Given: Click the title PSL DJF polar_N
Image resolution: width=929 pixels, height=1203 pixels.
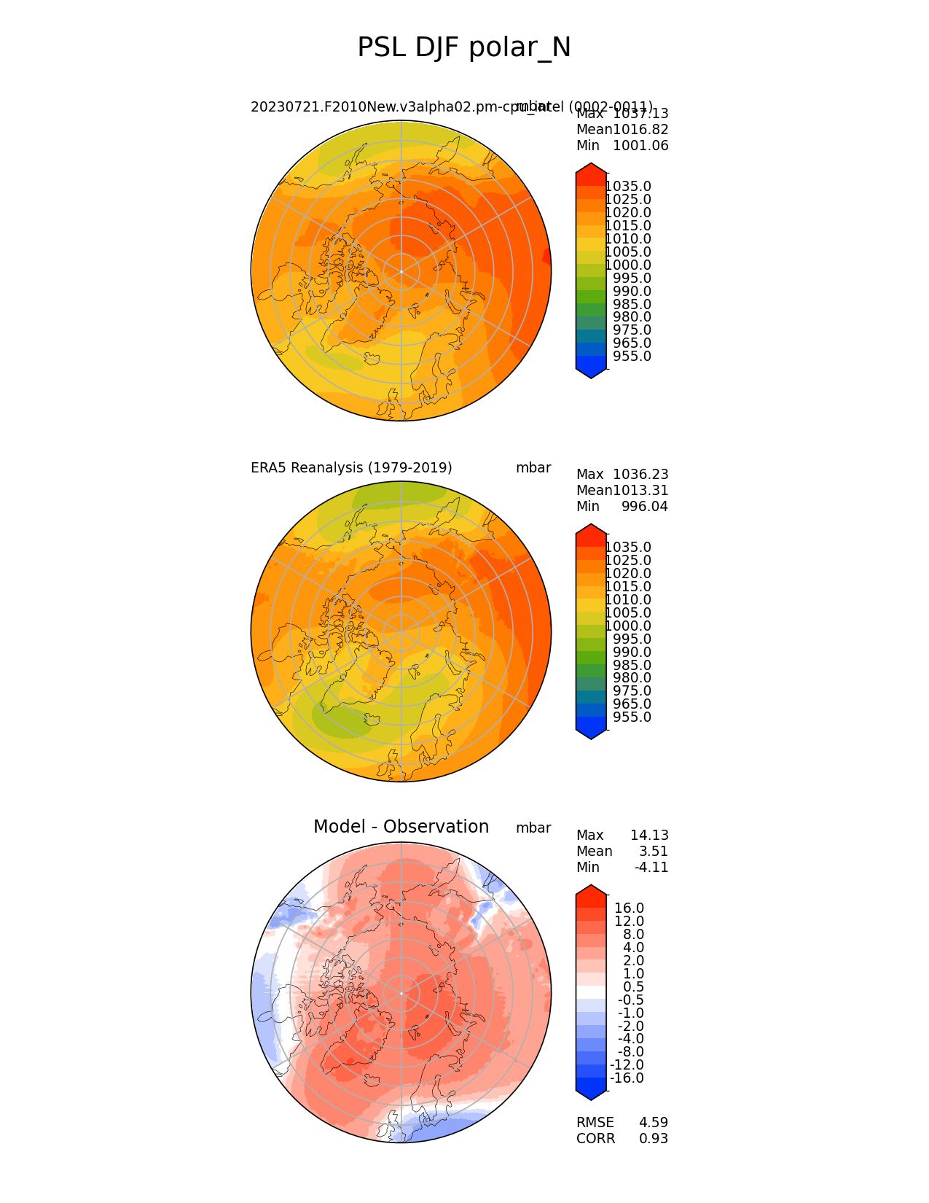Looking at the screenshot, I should pos(464,48).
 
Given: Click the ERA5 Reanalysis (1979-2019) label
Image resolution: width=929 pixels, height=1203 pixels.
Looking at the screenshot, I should pos(351,468).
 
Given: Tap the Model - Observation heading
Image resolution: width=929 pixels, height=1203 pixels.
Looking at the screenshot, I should pos(401,827).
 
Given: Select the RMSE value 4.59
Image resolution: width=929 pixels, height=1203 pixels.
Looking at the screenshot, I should pos(654,1123).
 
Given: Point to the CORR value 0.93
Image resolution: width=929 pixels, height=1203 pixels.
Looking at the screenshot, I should pos(654,1139).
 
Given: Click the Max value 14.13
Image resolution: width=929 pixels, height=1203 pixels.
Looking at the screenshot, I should pos(649,836).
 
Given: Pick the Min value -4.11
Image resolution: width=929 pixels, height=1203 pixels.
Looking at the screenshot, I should pos(651,868).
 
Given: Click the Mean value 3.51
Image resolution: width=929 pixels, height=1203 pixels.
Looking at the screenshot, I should pos(654,852).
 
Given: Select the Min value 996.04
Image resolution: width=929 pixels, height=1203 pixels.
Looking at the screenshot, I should pos(645,507).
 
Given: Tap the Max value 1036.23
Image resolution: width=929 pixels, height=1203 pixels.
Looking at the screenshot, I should pos(640,475).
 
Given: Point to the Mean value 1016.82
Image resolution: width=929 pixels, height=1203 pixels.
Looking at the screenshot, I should pos(640,130).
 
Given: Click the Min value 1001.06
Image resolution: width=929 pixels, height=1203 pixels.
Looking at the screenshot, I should pos(640,146).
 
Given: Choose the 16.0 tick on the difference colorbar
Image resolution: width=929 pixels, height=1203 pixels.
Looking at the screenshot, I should pos(630,908).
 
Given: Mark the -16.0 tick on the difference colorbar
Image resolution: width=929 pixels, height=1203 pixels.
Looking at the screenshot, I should pos(627,1078).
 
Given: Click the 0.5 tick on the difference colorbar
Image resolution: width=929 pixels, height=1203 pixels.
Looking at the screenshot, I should pos(633,987).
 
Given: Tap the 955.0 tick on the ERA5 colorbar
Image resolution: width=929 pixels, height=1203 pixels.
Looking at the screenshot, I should pos(632,717).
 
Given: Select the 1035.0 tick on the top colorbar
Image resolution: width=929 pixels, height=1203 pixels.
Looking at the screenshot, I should pos(628,187).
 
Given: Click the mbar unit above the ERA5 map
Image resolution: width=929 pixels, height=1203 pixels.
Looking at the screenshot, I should pos(533,468).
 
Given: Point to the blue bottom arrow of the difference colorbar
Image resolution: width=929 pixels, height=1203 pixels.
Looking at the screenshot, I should pos(591,1091).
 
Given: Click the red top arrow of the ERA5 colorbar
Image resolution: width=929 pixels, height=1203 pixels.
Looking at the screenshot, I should pos(591,530).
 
